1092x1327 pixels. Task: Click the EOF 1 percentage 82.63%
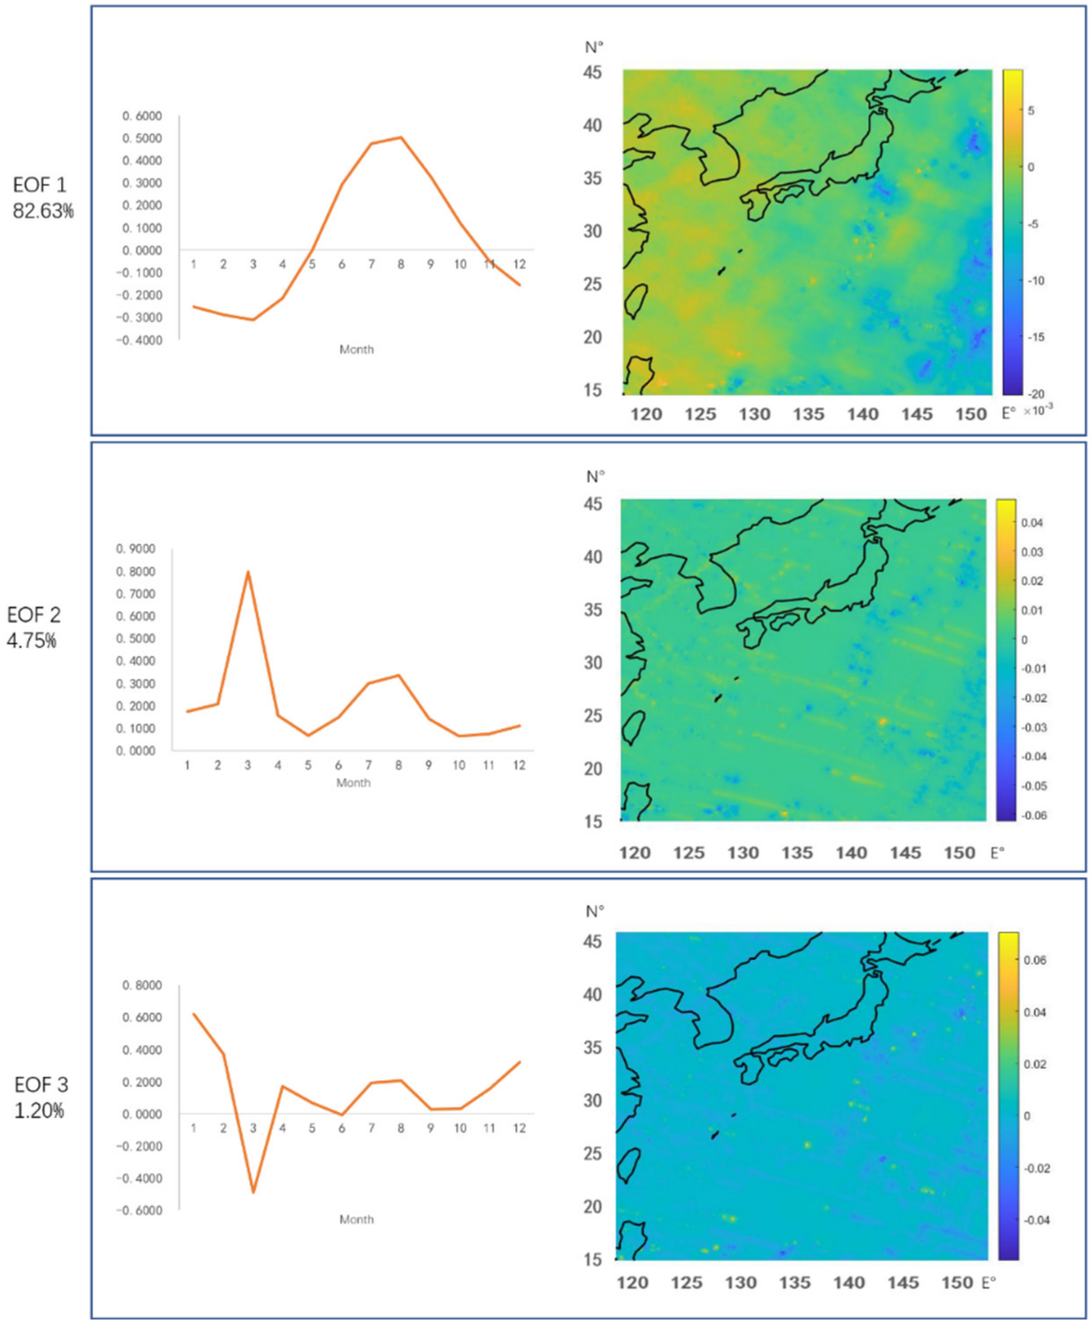click(x=43, y=211)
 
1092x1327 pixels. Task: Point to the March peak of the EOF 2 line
click(x=248, y=572)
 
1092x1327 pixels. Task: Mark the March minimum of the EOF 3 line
click(x=253, y=1192)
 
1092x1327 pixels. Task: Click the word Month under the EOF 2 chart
click(x=353, y=783)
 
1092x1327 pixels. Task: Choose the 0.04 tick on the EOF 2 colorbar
click(x=1033, y=522)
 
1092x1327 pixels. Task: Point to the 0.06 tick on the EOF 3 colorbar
click(x=1035, y=960)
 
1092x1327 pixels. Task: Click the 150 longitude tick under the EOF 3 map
click(x=957, y=1283)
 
